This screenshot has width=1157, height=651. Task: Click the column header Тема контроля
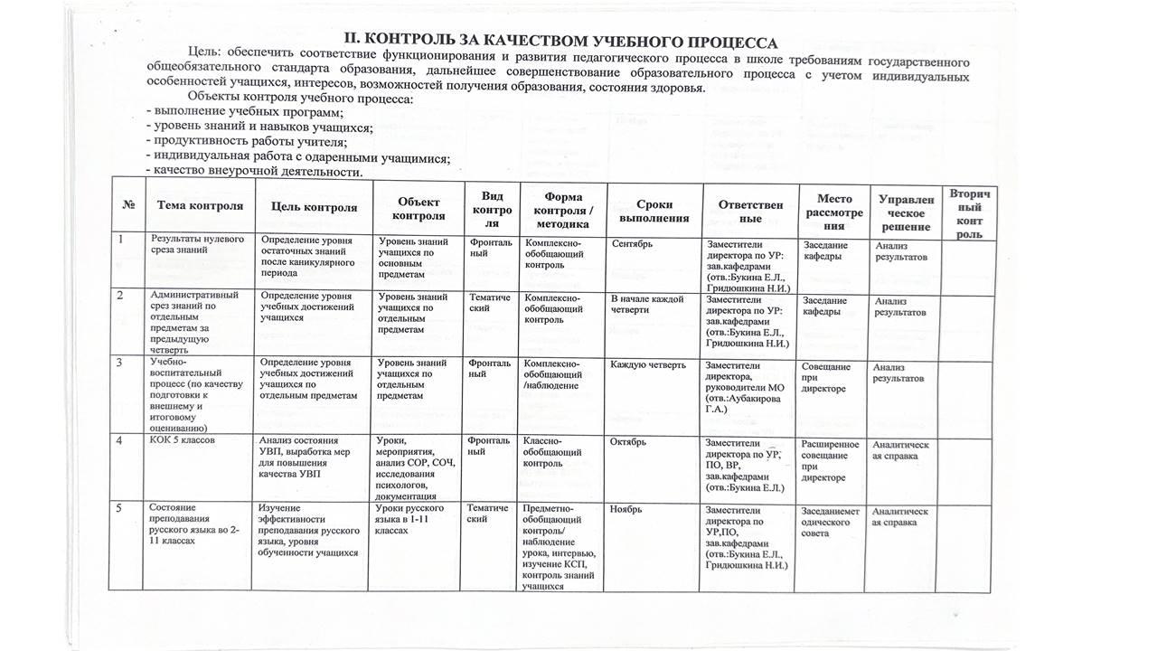[200, 205]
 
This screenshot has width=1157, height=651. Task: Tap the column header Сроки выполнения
[655, 212]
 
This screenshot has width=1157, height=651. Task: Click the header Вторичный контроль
[968, 213]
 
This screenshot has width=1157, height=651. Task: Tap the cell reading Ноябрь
[626, 509]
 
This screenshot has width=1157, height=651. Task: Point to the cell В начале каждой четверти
[647, 305]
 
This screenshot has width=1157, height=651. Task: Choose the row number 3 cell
[118, 363]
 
